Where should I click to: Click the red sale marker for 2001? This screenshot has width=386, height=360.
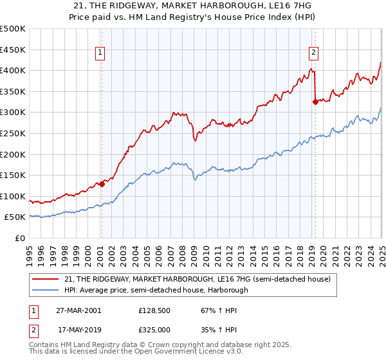[x=102, y=184]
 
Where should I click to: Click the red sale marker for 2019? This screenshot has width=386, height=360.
[x=315, y=102]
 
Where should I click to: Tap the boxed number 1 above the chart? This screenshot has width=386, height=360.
[x=101, y=53]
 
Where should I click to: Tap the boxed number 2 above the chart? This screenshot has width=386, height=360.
[x=313, y=53]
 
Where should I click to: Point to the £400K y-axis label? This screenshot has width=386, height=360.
[x=13, y=71]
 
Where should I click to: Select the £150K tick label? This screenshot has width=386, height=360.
[x=13, y=175]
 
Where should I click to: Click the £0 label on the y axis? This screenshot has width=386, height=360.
[x=20, y=238]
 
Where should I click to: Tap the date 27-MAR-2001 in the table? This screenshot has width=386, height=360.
[x=78, y=310]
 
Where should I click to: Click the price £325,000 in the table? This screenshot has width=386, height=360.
[x=154, y=329]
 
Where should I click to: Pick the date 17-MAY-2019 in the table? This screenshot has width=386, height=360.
[x=78, y=329]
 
